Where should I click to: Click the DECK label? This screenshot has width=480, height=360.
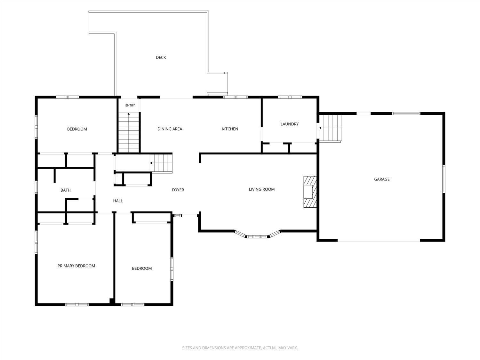pos(161,58)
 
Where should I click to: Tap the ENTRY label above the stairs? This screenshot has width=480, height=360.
pos(130,105)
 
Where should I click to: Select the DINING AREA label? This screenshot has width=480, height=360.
pos(170,129)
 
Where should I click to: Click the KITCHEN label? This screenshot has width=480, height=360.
pos(230,129)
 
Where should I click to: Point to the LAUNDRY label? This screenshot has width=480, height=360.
pos(290,124)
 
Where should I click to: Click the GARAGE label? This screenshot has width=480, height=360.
pos(382,179)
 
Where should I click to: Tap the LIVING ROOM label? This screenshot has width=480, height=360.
pos(262,189)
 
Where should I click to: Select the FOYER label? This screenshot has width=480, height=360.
pos(178,190)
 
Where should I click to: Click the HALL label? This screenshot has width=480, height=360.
pos(118,201)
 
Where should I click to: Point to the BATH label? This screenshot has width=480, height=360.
pos(66,190)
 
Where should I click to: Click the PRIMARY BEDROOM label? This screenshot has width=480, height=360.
pos(76,266)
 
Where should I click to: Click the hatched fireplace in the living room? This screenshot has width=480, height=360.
pos(310,192)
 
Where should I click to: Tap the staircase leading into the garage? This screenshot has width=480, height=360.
pos(331,128)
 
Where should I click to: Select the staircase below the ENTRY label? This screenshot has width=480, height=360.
pos(129,132)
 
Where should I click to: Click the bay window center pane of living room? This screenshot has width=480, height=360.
pos(257,237)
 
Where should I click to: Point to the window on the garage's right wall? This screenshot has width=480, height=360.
pos(444,179)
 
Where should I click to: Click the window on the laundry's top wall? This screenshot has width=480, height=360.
pos(290,97)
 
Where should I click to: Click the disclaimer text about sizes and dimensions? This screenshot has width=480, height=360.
pos(240,348)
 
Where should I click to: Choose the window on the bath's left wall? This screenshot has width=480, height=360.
pos(36,187)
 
